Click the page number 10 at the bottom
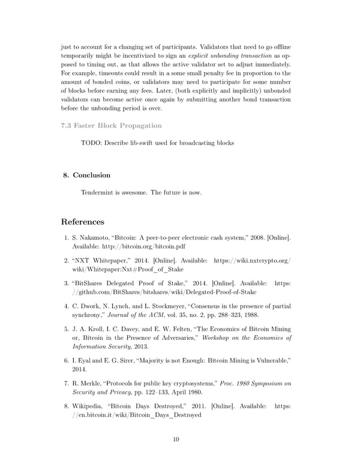click(x=176, y=440)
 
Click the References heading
click(x=87, y=222)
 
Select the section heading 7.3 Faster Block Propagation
click(x=112, y=126)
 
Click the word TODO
click(x=91, y=143)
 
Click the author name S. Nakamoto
click(x=93, y=239)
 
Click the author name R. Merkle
click(x=88, y=384)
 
